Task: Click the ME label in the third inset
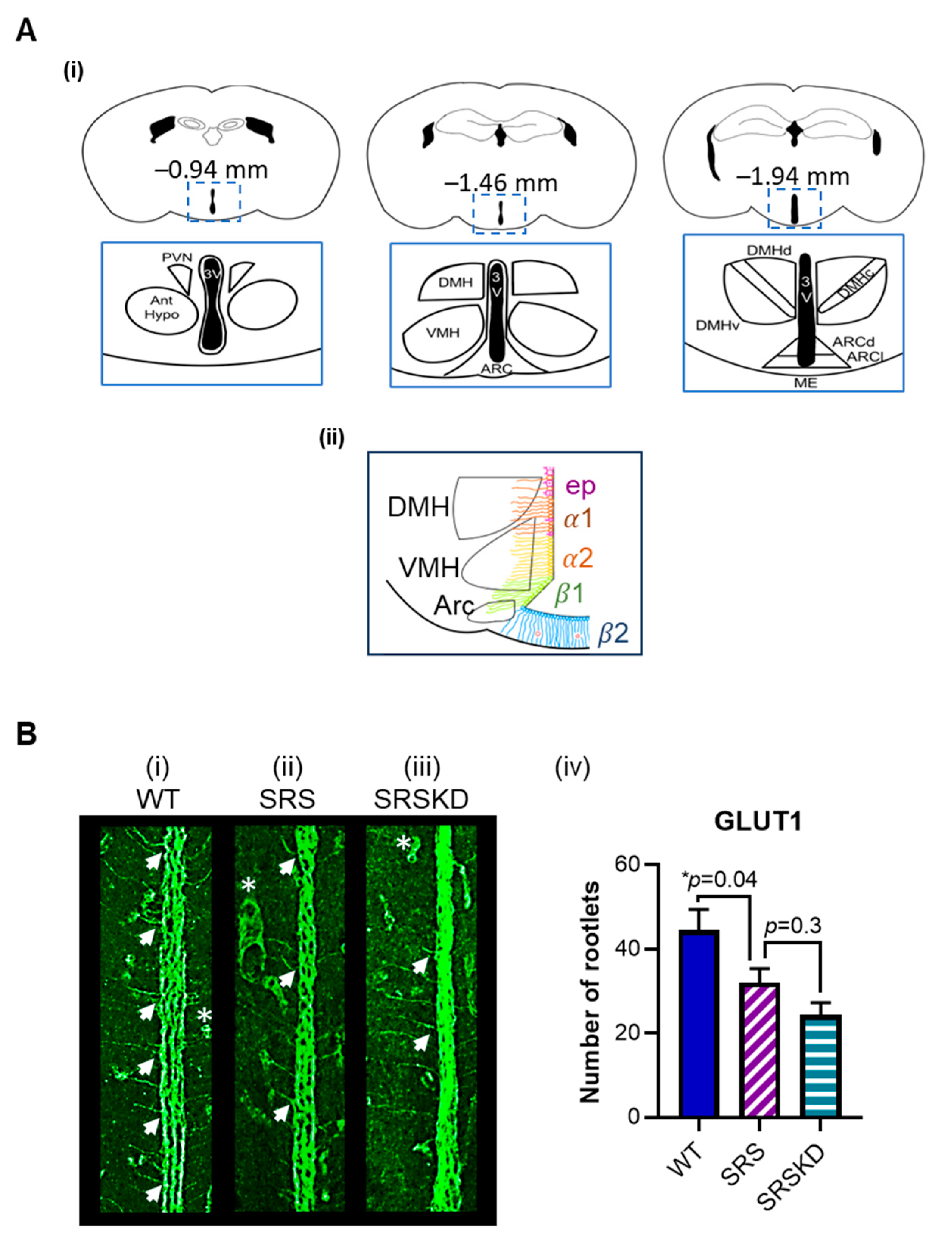(806, 383)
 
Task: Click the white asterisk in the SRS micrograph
(248, 886)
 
